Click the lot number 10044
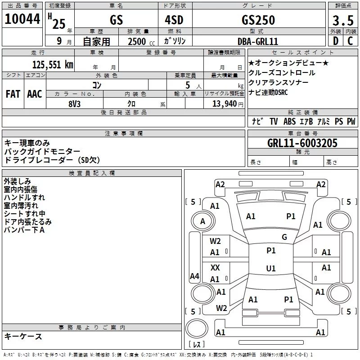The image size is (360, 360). coord(22,18)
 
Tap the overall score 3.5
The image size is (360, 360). coord(343,20)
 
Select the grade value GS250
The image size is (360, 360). coord(258,20)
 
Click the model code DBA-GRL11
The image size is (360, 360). coord(258,41)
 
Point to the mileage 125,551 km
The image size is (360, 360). coord(53,65)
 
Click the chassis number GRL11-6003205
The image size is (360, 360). coord(302,143)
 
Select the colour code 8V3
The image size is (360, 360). coord(74,104)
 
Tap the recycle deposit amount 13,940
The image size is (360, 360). coord(224,104)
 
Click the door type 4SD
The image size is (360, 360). coord(174,20)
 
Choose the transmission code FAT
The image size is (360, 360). coord(13,94)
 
